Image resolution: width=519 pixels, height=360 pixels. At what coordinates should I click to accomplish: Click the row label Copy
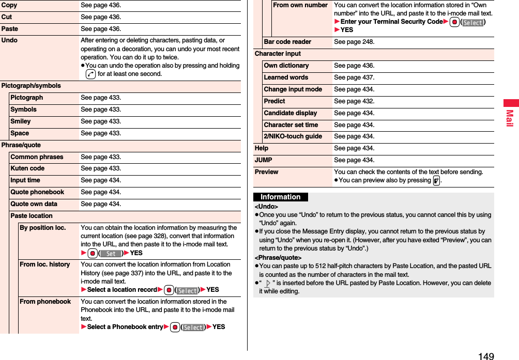[x=9, y=5]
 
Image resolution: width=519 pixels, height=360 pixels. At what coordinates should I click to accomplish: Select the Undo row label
[x=9, y=40]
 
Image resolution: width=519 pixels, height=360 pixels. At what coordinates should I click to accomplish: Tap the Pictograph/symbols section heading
[x=31, y=86]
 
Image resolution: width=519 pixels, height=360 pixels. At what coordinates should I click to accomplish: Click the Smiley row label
[x=21, y=121]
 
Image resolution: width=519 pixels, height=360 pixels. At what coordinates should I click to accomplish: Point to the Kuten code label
[x=27, y=168]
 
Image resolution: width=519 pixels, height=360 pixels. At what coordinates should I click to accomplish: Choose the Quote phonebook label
[x=37, y=192]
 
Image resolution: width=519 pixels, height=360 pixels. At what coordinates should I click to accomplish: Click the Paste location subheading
[x=32, y=216]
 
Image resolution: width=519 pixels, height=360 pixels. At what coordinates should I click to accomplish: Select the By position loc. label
[x=42, y=228]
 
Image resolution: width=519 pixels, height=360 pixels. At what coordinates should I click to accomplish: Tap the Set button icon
[x=111, y=253]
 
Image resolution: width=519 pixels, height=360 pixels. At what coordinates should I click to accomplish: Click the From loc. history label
[x=44, y=264]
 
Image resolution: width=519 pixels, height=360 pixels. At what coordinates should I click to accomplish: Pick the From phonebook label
[x=45, y=302]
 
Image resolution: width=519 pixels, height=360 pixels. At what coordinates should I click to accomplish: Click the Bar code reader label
[x=287, y=42]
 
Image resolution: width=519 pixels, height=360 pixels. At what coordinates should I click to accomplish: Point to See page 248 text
[x=354, y=42]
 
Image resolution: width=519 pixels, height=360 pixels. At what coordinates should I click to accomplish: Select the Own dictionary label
[x=286, y=66]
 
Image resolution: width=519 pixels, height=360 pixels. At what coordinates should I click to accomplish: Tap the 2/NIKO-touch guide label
[x=293, y=136]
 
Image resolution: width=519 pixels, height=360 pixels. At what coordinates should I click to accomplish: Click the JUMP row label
[x=263, y=160]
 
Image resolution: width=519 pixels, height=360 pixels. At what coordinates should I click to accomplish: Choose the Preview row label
[x=266, y=172]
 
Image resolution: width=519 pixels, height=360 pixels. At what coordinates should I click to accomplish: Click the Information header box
[x=281, y=197]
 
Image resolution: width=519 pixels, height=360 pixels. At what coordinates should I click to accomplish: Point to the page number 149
[x=486, y=355]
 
